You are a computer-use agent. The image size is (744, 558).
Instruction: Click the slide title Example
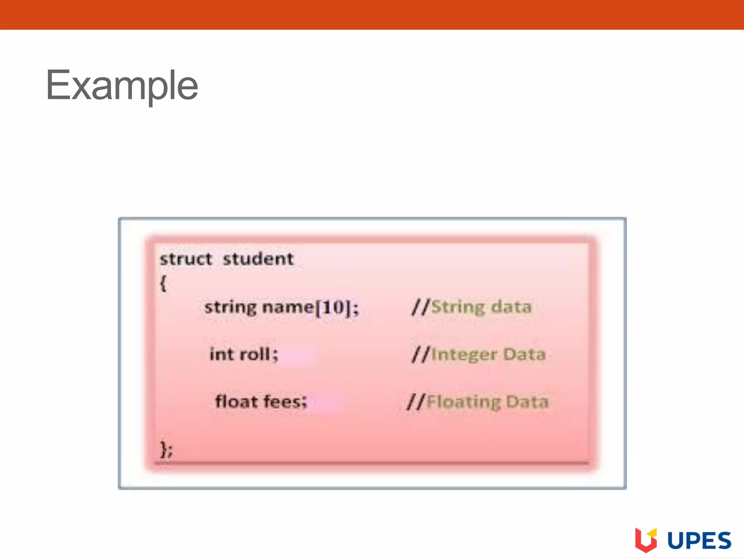(x=122, y=86)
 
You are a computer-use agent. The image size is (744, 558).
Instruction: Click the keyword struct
(x=186, y=259)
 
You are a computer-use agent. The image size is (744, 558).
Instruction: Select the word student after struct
(x=258, y=259)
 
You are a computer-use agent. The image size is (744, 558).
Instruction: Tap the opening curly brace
(x=163, y=283)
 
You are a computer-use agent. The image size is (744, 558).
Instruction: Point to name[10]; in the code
(x=310, y=308)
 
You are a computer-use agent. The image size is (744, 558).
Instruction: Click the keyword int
(x=221, y=354)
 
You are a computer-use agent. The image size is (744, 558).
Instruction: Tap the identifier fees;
(x=285, y=401)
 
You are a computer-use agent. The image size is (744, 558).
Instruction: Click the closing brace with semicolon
(x=166, y=449)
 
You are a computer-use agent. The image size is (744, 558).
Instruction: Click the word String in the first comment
(x=458, y=307)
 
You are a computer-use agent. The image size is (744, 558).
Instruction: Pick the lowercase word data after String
(x=511, y=307)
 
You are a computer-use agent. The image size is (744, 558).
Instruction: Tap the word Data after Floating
(x=527, y=401)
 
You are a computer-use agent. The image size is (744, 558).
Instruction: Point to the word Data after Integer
(x=525, y=354)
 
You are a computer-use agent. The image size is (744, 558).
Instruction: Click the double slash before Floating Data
(x=416, y=402)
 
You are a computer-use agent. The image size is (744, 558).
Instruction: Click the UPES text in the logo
(x=699, y=541)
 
